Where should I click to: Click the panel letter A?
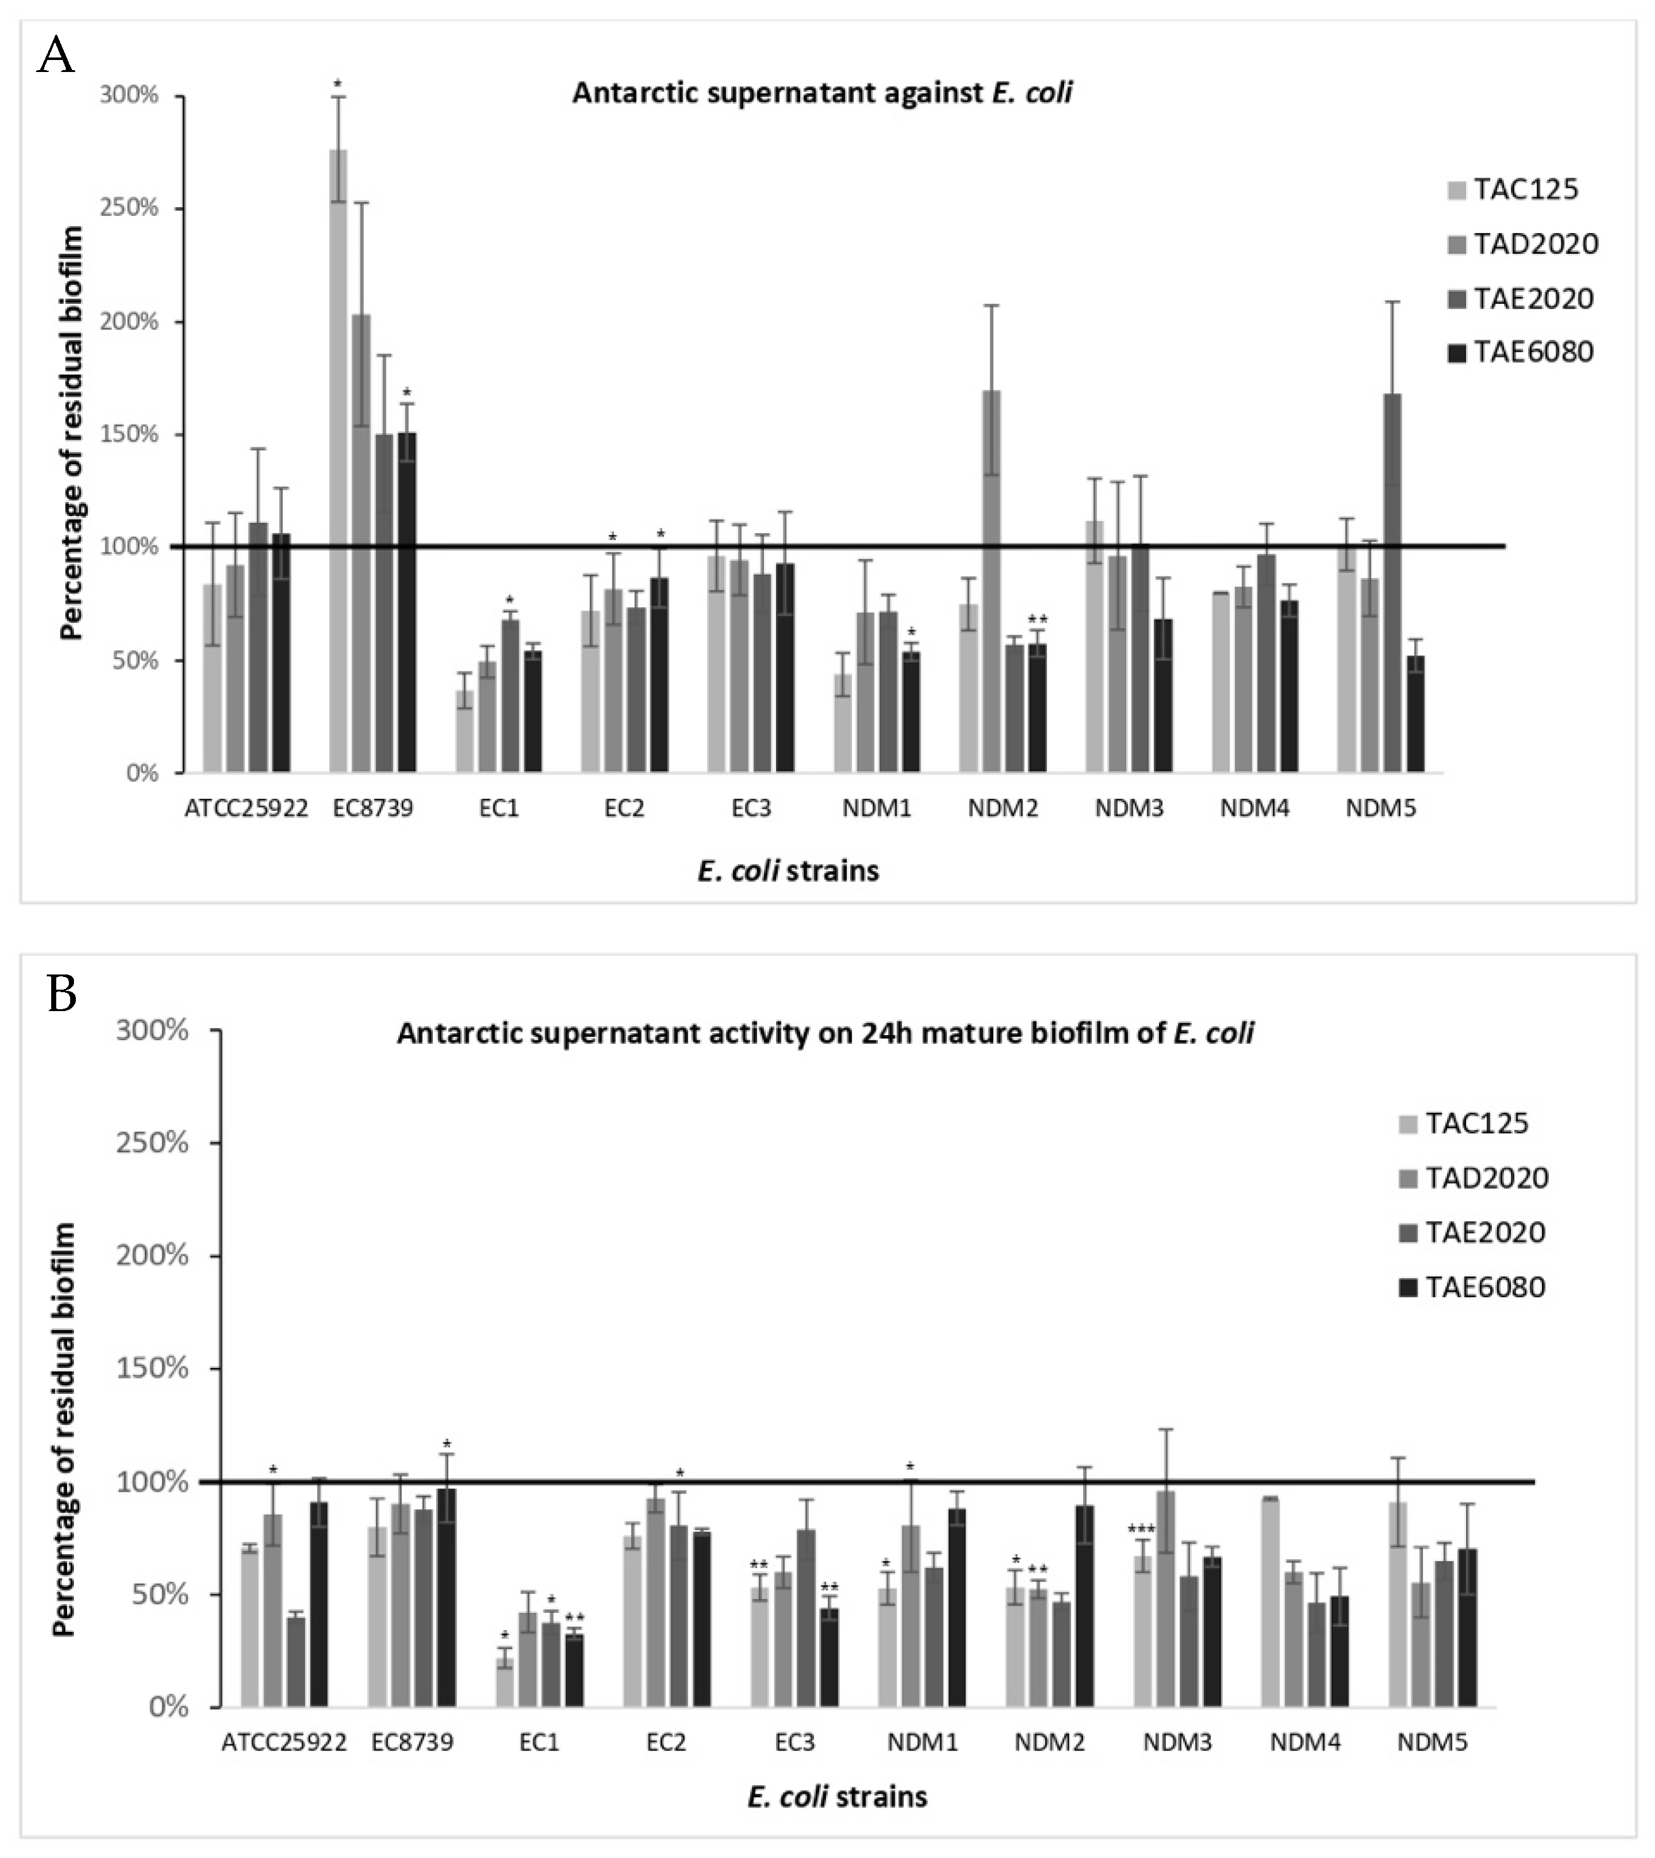click(x=56, y=57)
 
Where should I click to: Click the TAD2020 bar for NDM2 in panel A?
click(x=991, y=582)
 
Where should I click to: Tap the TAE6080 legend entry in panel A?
click(x=1520, y=352)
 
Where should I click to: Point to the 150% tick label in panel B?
click(x=152, y=1369)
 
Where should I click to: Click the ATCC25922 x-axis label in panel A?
click(x=246, y=808)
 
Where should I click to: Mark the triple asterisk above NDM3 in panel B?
click(x=1141, y=1529)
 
